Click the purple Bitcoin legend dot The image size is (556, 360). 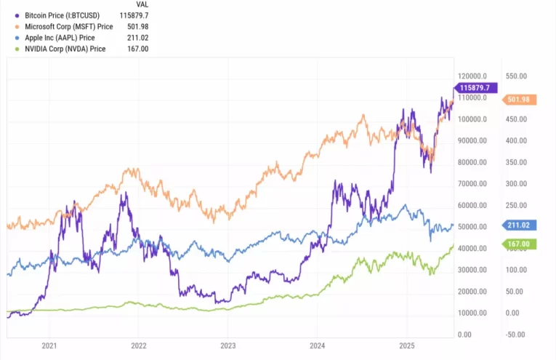coord(16,15)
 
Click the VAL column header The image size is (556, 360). coord(142,4)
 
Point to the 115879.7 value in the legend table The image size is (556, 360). coord(133,15)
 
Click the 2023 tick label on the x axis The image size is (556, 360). coord(228,346)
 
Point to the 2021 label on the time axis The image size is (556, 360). coord(49,346)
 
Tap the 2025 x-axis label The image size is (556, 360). coord(406,346)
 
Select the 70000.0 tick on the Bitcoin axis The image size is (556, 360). coord(472,184)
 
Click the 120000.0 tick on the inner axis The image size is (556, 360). coord(473,76)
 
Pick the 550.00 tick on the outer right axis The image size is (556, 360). coord(517,76)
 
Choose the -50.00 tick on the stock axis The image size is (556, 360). coord(517,335)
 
